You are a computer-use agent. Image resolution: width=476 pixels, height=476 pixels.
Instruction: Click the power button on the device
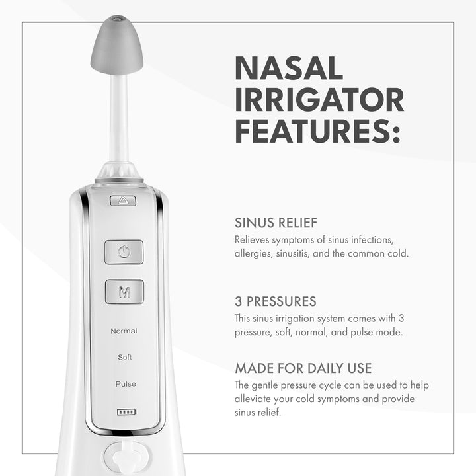124,252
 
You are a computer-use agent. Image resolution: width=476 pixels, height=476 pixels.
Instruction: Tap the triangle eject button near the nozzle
123,201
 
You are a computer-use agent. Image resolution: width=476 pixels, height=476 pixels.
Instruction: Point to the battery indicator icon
126,412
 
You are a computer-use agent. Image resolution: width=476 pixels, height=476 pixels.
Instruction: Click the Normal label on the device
124,331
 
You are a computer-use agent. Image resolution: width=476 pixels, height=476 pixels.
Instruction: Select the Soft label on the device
125,357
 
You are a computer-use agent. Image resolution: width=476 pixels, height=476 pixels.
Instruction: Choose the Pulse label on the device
126,384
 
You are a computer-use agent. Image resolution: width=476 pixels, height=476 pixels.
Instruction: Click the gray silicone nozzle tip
117,45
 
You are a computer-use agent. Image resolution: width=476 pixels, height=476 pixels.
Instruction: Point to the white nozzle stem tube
119,118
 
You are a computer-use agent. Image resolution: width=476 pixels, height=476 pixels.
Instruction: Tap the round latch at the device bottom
127,457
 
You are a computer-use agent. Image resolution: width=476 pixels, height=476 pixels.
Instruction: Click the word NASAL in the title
289,67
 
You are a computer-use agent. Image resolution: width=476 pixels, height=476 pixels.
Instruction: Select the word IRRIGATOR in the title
319,100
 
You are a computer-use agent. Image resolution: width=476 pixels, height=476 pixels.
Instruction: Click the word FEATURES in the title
312,131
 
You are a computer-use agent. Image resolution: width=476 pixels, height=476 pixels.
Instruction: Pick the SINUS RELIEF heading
276,223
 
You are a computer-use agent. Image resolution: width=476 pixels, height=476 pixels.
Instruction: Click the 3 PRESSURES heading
275,301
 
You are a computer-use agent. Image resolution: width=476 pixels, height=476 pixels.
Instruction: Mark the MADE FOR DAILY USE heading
303,368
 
